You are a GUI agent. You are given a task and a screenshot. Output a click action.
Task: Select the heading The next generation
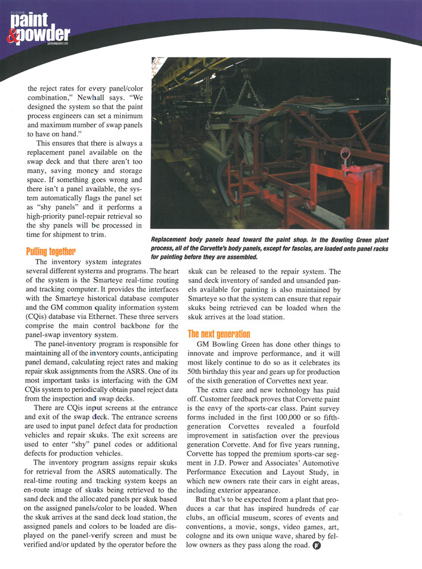tap(219, 334)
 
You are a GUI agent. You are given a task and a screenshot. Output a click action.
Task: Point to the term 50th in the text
tap(197, 370)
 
